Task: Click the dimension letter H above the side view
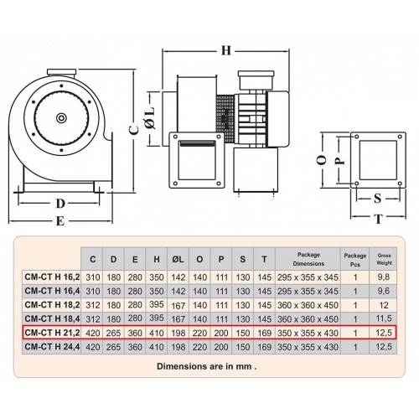(226, 51)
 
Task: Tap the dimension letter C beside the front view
(134, 129)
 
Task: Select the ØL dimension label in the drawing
(150, 117)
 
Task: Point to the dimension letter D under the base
(60, 204)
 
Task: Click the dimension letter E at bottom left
(60, 221)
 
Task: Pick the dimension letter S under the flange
(377, 199)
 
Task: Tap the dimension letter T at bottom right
(379, 219)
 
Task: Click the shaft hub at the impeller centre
(61, 118)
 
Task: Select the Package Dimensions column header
(308, 259)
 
